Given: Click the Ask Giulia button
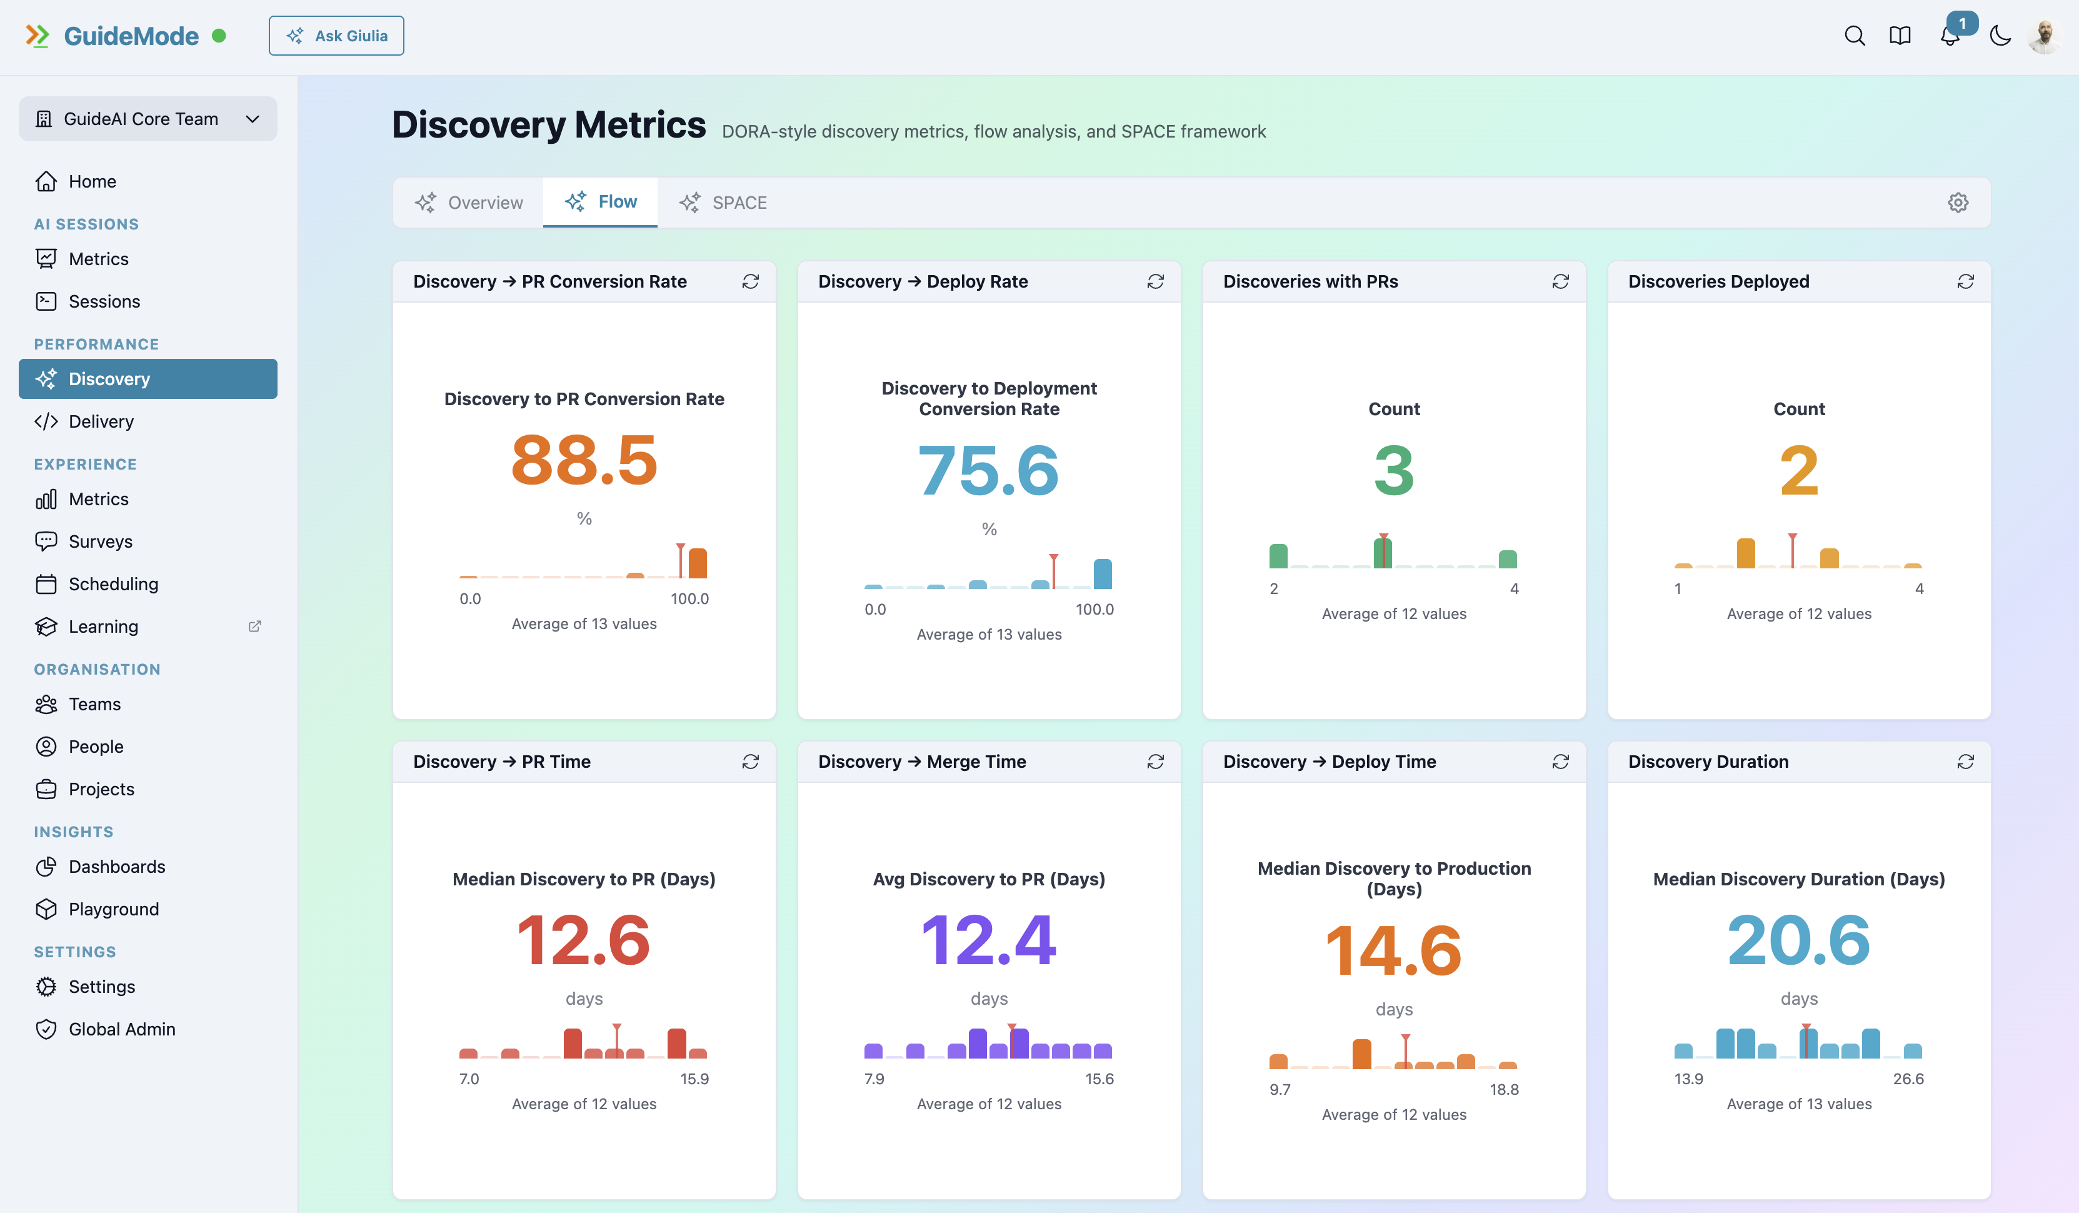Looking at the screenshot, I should click(336, 36).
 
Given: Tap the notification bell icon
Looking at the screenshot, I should click(1950, 36).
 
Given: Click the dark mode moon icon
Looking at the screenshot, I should click(2000, 36).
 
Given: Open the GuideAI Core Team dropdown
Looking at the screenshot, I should click(148, 119).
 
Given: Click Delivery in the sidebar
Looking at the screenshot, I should click(101, 421).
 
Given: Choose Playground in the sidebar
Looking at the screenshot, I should click(113, 908).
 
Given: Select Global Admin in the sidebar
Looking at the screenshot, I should click(121, 1029).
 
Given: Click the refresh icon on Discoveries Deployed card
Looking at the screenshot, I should click(1965, 281).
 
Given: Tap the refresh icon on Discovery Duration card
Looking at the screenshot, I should click(1965, 762).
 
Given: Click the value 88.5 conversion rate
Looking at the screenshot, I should click(583, 460).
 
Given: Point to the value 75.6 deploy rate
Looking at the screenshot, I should click(988, 470).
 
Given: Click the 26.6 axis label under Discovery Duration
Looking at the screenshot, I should click(1907, 1079).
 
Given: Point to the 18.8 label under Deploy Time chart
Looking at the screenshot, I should click(1503, 1089).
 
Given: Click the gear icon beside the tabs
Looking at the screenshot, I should click(1958, 202).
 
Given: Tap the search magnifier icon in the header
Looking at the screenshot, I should click(1854, 36).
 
